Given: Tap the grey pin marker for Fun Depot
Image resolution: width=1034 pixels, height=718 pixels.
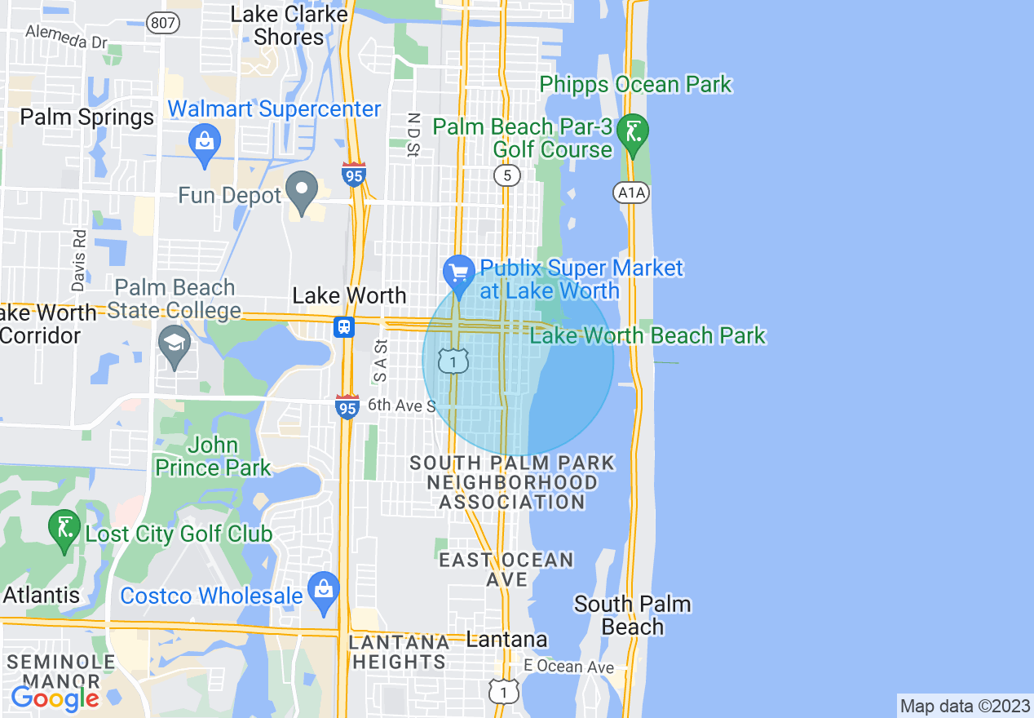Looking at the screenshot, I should pos(303,191).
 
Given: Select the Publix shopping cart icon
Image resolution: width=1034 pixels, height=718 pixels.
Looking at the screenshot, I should pos(458,274).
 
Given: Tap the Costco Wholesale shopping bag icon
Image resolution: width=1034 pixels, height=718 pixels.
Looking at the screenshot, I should pos(324,592).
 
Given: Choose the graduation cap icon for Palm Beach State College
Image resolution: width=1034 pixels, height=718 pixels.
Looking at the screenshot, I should pos(175,343).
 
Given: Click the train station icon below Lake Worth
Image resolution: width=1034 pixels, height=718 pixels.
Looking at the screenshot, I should pos(344,327).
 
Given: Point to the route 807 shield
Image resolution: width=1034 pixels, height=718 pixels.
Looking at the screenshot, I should pos(163,23).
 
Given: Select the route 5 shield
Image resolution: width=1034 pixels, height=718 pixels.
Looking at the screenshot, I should pos(507,175).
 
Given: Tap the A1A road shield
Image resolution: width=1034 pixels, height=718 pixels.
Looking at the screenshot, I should pos(625,192).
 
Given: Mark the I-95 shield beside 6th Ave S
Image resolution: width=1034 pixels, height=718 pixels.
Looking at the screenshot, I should pos(347,406).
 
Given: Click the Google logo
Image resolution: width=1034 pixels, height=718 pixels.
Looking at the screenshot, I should pos(54,698).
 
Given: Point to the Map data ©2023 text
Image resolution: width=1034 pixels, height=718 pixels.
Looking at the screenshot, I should pos(964,706).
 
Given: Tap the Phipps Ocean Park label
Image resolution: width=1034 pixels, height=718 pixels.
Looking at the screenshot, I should pos(636,85).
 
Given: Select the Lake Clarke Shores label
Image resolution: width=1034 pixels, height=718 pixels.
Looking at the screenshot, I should pos(289,25).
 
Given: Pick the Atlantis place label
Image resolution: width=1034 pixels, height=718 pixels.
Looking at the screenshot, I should pos(42,595).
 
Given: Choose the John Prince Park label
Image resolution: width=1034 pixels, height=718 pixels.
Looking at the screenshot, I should pos(213,456).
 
